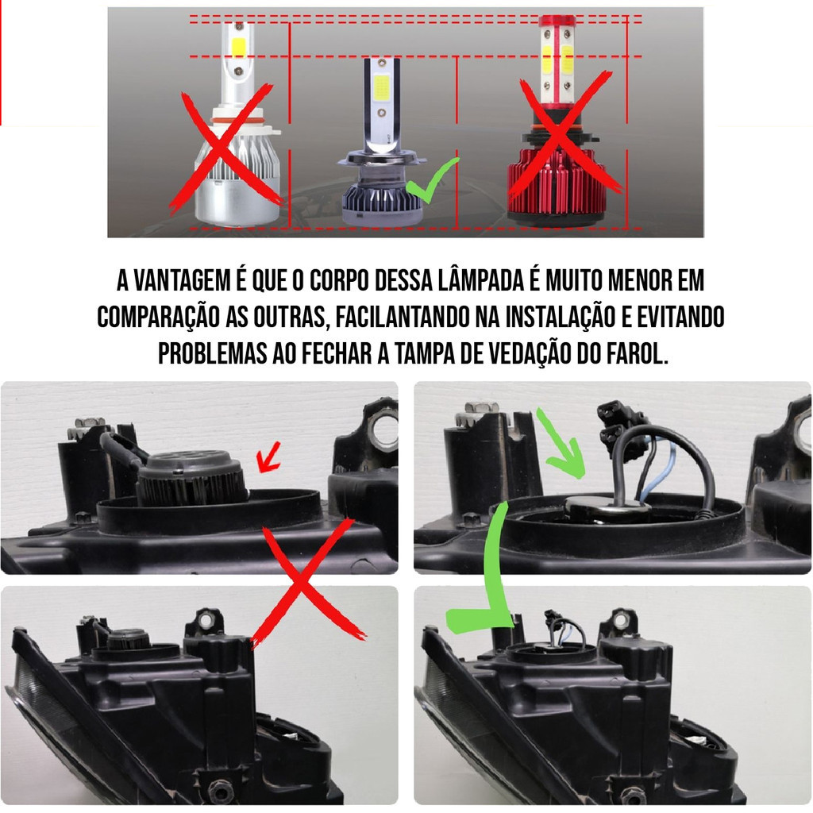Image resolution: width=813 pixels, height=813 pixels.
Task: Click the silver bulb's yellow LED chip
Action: pyautogui.click(x=238, y=47)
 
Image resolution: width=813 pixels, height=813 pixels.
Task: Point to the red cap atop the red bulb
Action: pyautogui.click(x=557, y=21)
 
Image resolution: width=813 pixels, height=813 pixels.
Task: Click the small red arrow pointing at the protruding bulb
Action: pyautogui.click(x=268, y=457)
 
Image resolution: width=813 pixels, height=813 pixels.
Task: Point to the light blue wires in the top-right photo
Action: pyautogui.click(x=654, y=469)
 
